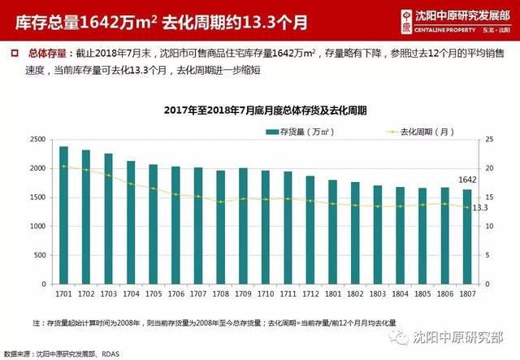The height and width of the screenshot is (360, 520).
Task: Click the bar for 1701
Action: coord(63,215)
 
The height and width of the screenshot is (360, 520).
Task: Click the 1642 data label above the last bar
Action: coord(467,180)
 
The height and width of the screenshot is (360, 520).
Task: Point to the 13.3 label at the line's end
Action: coord(480,208)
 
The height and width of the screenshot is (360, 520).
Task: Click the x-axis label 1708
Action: coord(220,293)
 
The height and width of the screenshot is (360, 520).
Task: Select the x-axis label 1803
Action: coord(377,293)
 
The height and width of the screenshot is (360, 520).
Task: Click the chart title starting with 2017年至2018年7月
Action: coord(265,111)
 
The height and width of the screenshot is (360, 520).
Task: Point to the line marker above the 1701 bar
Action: coord(63,166)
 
